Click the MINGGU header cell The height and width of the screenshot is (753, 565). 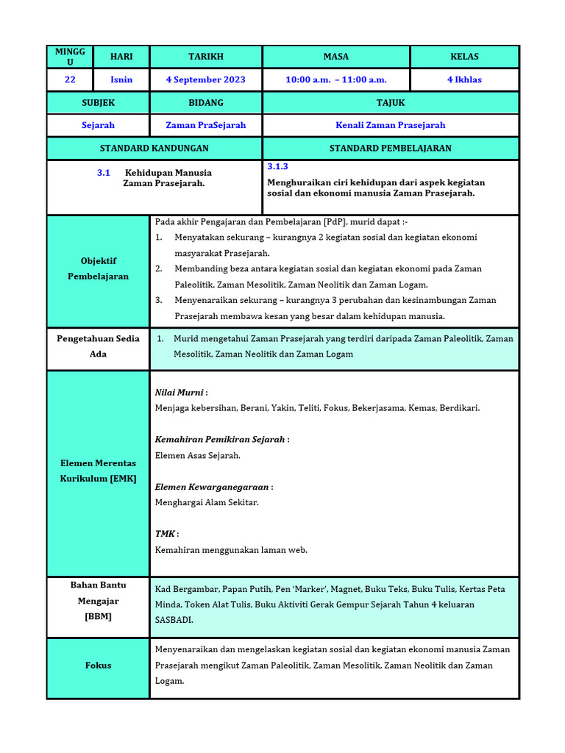point(70,57)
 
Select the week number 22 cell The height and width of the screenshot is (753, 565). point(70,79)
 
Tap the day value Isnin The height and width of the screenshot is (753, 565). point(121,79)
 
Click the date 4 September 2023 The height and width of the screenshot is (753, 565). point(206,79)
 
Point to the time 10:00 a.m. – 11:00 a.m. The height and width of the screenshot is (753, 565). point(336,79)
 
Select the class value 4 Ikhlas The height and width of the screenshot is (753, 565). point(464,79)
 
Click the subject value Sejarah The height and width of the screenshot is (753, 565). point(98,125)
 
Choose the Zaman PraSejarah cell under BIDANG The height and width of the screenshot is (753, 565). point(206,125)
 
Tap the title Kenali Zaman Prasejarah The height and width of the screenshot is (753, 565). point(391,125)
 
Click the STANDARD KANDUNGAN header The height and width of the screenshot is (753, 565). point(154,148)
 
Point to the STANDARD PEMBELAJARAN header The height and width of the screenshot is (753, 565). point(391,148)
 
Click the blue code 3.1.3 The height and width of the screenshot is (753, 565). point(277,167)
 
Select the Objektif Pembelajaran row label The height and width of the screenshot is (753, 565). point(99,268)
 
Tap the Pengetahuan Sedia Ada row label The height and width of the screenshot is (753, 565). point(99,346)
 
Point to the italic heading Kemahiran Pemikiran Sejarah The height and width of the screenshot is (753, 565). point(220,440)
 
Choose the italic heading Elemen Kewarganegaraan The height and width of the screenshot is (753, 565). point(213,487)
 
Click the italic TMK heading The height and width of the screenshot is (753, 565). point(166,534)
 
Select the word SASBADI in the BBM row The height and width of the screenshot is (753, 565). point(174,620)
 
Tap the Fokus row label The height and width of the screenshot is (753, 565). point(99,665)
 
